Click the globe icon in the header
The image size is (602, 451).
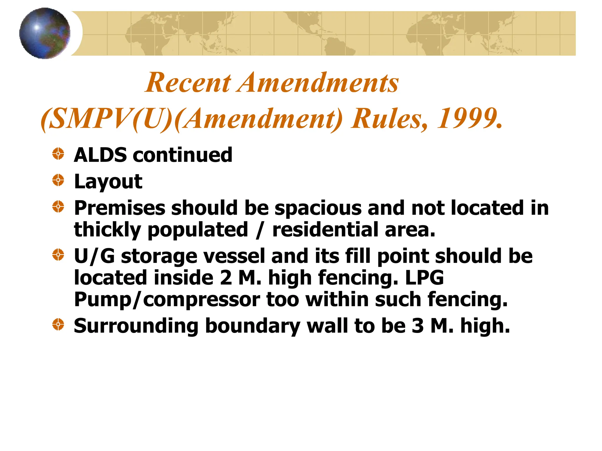pos(45,33)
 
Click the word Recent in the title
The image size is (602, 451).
pos(188,83)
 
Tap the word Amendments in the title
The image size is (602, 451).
pos(319,83)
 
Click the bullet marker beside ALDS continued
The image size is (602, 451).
pos(58,154)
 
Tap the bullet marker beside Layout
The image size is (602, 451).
pos(58,180)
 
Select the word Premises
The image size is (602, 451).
pos(120,208)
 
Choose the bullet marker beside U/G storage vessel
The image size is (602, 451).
pos(58,255)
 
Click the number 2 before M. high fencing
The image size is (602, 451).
pos(226,278)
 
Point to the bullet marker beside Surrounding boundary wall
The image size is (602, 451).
pos(58,324)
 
